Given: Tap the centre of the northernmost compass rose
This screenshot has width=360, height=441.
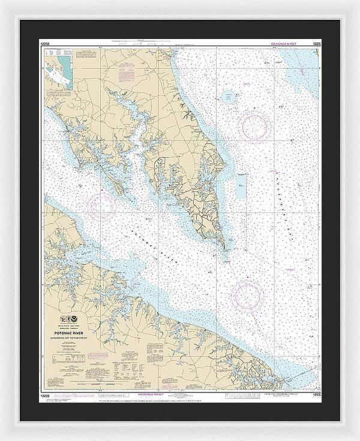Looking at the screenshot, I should [254, 125].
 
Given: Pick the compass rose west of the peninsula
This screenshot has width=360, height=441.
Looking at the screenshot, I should [101, 206].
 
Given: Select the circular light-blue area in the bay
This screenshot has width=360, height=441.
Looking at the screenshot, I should [229, 96].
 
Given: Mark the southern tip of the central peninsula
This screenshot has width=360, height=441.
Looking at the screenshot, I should [224, 248].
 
